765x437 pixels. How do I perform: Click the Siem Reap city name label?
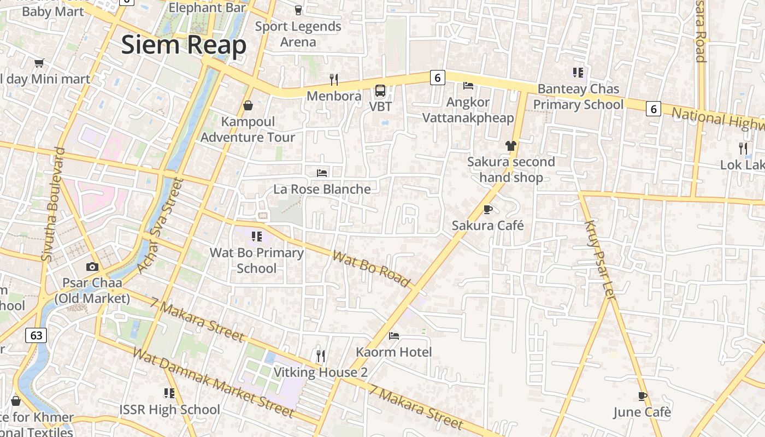(x=184, y=45)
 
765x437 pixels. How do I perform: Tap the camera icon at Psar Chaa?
(x=92, y=267)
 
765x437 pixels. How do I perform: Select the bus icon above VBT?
(x=380, y=90)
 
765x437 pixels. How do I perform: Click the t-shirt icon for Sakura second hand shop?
(x=511, y=145)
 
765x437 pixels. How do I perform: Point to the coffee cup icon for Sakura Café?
(x=488, y=209)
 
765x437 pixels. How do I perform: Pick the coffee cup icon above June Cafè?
(x=643, y=396)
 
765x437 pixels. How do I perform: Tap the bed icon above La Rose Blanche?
(x=322, y=173)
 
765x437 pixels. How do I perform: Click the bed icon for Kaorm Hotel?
(x=394, y=335)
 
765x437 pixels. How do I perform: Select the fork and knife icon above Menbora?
(x=334, y=80)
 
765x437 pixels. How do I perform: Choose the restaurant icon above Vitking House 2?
(x=321, y=356)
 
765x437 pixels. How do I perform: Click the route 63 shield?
(x=36, y=335)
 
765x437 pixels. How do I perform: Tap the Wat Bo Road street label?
(x=371, y=269)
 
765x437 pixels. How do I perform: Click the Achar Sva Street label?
(x=159, y=225)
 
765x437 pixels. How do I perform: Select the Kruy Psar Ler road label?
(x=600, y=259)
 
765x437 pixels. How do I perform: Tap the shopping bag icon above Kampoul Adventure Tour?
(x=248, y=105)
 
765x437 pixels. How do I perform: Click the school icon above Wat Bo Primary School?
(x=256, y=236)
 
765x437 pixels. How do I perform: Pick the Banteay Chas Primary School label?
(x=578, y=97)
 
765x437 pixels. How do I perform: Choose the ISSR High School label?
(x=169, y=409)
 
